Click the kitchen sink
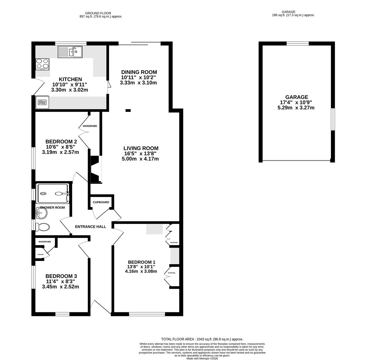[70, 52]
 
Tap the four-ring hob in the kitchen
[42, 64]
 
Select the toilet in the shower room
[42, 227]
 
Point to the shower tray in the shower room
[53, 194]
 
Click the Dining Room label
[139, 72]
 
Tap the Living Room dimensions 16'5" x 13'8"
[140, 154]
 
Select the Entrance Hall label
[90, 227]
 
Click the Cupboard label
[101, 202]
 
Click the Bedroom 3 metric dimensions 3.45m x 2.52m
[60, 287]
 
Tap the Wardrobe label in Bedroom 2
[90, 126]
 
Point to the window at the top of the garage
[297, 43]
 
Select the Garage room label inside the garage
[296, 97]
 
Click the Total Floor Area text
[202, 339]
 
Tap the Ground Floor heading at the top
[100, 13]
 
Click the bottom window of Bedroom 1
[147, 314]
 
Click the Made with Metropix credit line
[202, 358]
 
